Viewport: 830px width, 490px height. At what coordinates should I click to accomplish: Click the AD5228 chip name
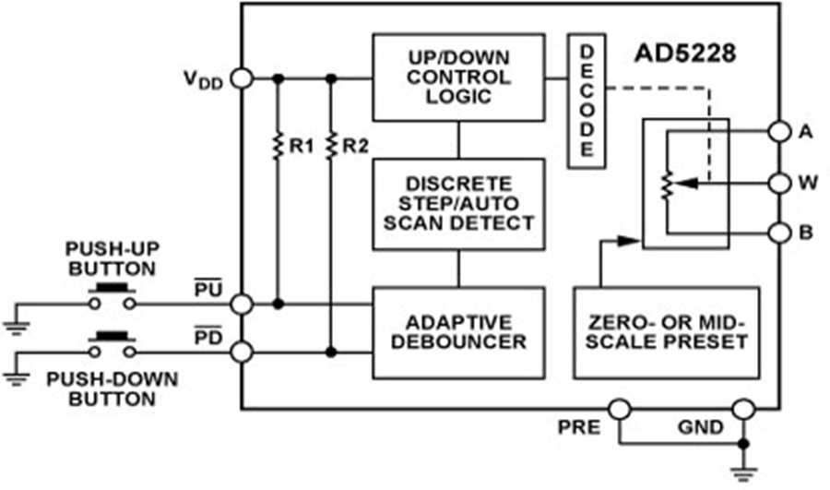tap(685, 53)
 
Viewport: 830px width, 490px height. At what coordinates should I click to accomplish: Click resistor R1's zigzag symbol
tap(278, 145)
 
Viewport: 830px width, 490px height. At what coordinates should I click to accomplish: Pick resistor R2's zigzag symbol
tap(331, 145)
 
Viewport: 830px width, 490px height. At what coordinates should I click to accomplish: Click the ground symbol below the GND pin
tap(743, 472)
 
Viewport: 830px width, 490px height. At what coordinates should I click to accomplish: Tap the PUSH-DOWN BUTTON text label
tap(113, 388)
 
